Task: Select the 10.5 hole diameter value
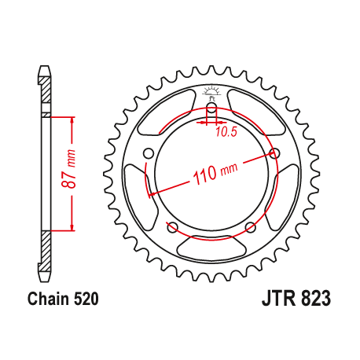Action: click(x=227, y=131)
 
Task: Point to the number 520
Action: click(x=86, y=299)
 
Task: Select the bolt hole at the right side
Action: click(x=274, y=152)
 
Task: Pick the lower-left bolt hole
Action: click(x=172, y=229)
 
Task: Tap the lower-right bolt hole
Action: click(x=250, y=228)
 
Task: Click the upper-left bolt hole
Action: click(x=148, y=153)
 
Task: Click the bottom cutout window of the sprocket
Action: click(x=211, y=250)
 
